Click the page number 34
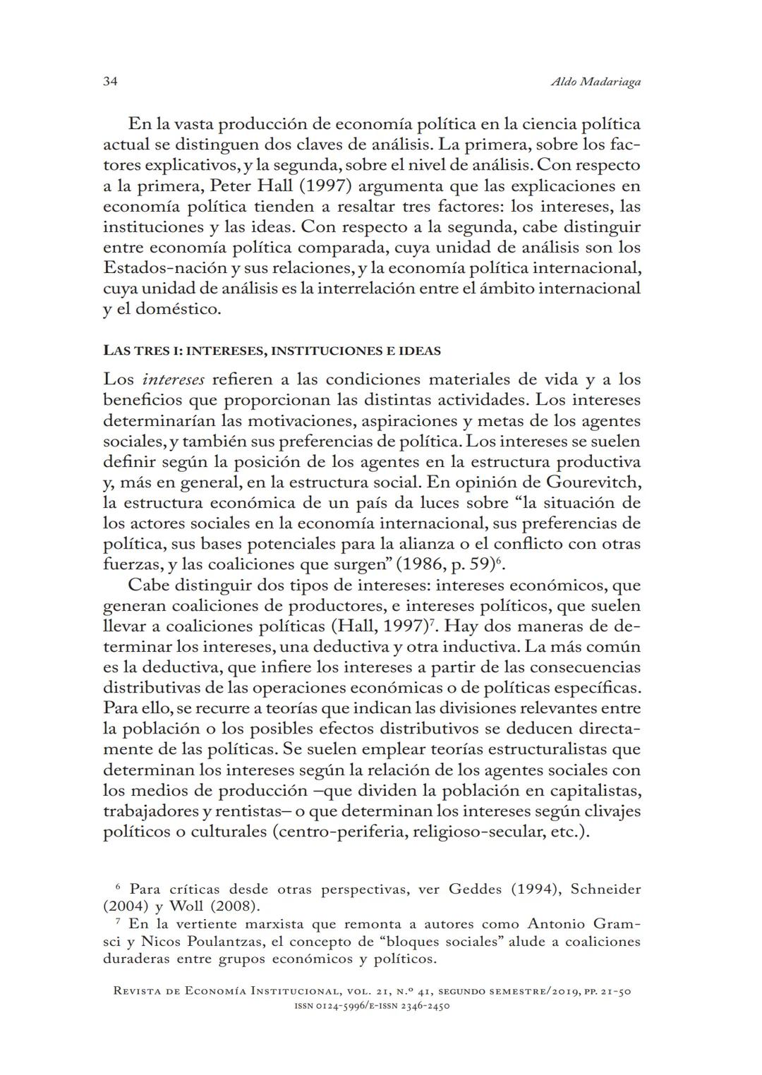click(110, 82)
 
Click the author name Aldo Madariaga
click(595, 82)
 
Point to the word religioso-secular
click(478, 831)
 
